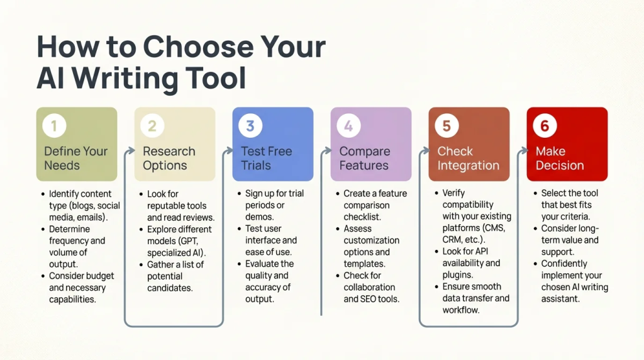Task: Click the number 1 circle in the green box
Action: (54, 126)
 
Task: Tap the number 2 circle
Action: (152, 126)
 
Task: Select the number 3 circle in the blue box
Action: (250, 126)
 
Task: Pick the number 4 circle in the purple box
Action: (348, 126)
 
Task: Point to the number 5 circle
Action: (447, 126)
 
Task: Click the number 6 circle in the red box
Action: (545, 126)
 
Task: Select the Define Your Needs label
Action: (75, 158)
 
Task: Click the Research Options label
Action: (169, 158)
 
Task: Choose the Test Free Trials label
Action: (266, 158)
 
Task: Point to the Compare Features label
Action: (364, 158)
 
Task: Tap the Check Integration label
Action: (468, 158)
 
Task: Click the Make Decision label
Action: (559, 158)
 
